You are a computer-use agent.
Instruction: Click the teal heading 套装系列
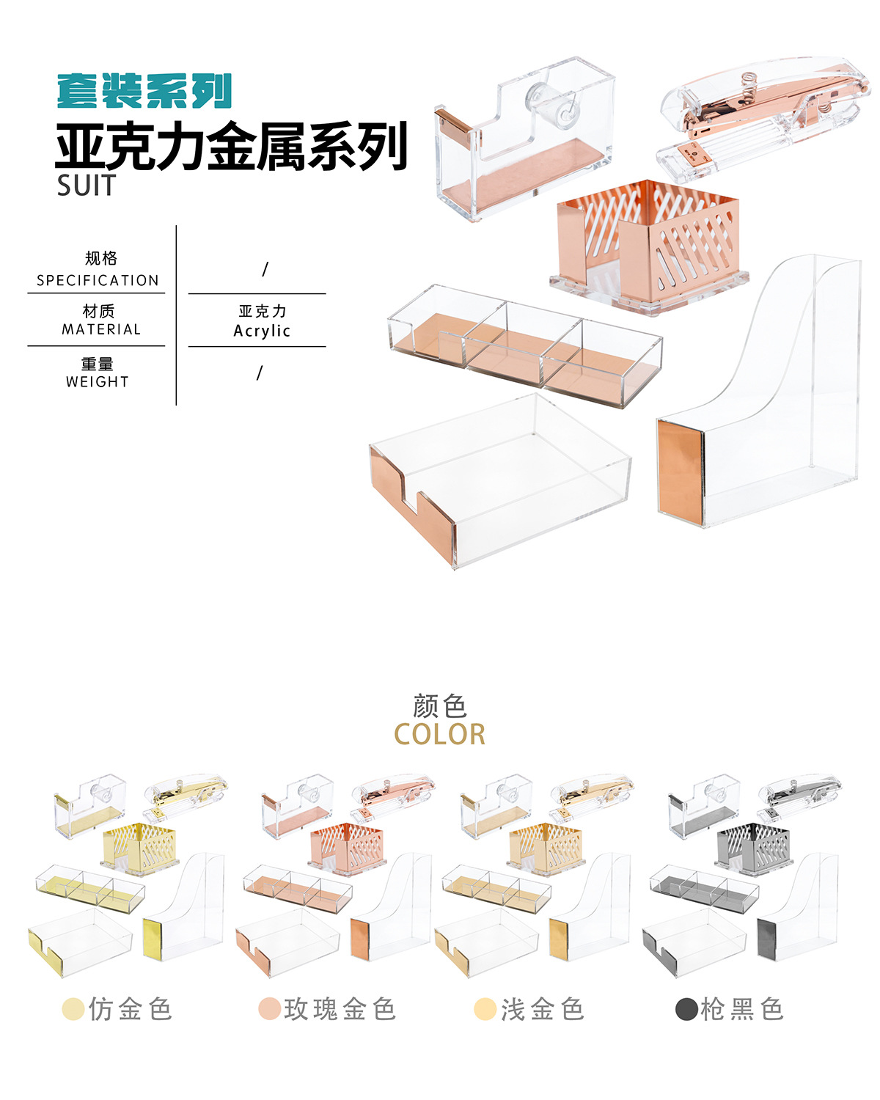[x=144, y=92]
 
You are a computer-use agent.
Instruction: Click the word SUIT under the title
[x=87, y=186]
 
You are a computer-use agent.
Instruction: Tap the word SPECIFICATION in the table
[x=98, y=280]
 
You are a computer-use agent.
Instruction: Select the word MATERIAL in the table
[x=100, y=329]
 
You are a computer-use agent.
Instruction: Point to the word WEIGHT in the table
[x=97, y=381]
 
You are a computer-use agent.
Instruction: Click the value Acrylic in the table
[x=262, y=331]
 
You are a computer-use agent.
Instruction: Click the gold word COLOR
[x=439, y=734]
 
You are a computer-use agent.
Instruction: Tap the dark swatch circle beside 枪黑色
[x=686, y=1009]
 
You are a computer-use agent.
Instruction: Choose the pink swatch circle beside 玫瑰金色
[x=269, y=1009]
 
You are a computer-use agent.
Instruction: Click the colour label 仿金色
[x=131, y=1009]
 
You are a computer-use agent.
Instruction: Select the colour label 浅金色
[x=542, y=1009]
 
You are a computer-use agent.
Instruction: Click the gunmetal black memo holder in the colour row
[x=753, y=847]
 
